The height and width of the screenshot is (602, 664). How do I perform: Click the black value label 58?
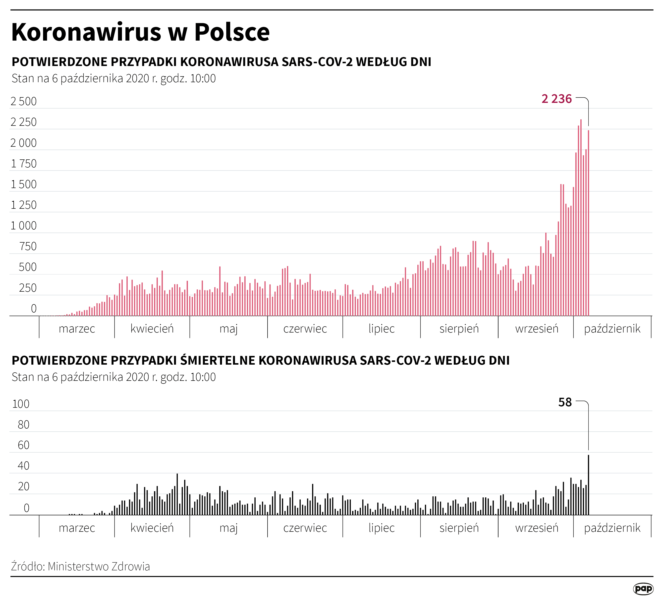(x=565, y=402)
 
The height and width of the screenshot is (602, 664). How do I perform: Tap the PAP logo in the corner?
(x=643, y=589)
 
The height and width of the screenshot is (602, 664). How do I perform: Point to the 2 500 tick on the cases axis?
(x=24, y=101)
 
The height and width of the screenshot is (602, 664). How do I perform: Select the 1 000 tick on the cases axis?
(x=24, y=226)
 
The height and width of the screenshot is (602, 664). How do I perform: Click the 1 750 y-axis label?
(x=24, y=164)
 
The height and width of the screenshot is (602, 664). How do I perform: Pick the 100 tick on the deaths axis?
(x=21, y=404)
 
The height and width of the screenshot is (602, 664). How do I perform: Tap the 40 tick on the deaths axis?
(x=23, y=466)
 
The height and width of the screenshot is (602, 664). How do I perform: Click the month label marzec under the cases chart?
(x=77, y=329)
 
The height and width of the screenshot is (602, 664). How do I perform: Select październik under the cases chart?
(x=612, y=329)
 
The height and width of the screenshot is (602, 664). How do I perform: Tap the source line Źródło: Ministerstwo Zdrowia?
(x=80, y=566)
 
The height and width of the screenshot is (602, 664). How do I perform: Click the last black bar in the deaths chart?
(x=589, y=485)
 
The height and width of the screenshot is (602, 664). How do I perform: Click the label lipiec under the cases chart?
(x=382, y=329)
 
